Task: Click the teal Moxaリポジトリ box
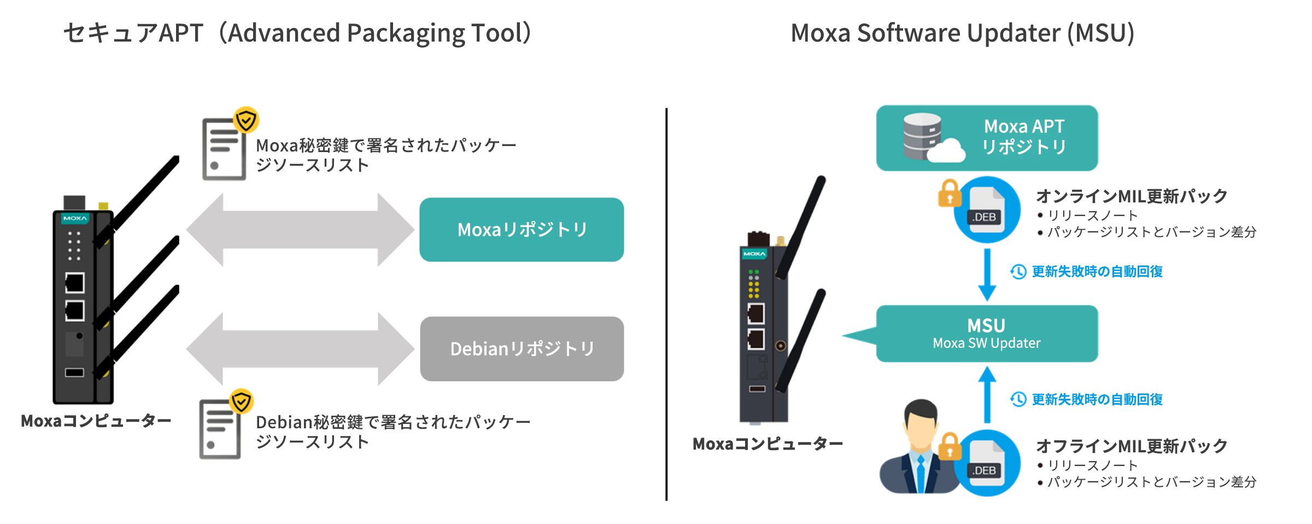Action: click(522, 230)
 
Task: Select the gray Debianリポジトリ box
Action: click(522, 349)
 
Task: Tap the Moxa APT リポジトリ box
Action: click(987, 138)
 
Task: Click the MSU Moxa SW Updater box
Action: click(987, 334)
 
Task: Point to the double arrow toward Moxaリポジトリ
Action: click(300, 230)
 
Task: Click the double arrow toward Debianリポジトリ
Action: click(300, 349)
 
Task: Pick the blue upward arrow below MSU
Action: click(987, 394)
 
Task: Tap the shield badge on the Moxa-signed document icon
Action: click(246, 120)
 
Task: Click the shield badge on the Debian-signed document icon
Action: click(241, 402)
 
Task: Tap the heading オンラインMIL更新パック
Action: click(1132, 196)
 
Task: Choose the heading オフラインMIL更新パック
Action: click(1132, 446)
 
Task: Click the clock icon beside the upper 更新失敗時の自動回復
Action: click(1018, 272)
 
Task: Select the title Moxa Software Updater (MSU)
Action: click(963, 33)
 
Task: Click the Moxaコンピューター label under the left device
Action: click(96, 421)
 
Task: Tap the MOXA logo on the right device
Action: click(754, 254)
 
